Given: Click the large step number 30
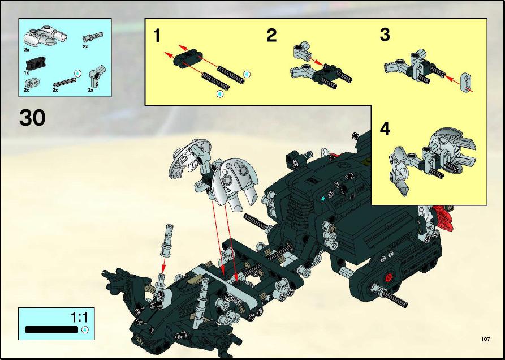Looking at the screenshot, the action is click(32, 118).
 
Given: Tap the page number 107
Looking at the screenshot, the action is click(485, 339).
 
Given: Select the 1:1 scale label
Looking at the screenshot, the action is click(79, 318).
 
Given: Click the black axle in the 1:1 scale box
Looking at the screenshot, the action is click(51, 329).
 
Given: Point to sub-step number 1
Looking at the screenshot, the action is click(157, 36).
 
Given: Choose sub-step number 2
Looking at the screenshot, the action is click(271, 36).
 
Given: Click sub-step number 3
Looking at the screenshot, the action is click(385, 35).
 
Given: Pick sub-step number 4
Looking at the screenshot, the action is click(385, 130).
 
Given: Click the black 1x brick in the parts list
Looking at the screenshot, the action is click(35, 63).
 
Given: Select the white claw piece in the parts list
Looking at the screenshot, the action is click(45, 36).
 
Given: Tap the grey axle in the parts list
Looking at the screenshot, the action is click(64, 83).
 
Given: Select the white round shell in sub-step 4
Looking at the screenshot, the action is click(447, 145).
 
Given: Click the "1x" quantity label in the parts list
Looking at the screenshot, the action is click(27, 73).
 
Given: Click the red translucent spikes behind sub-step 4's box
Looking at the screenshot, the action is click(444, 217).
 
